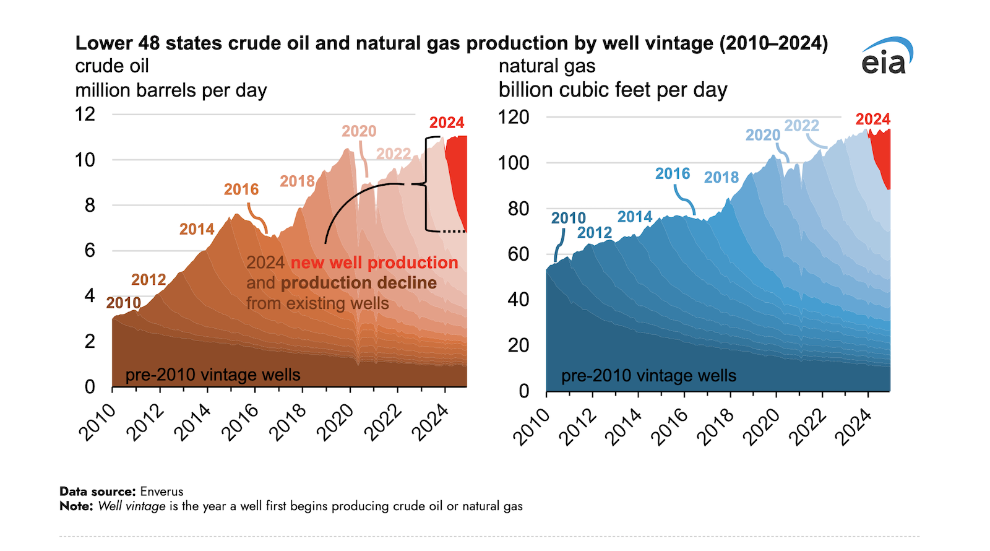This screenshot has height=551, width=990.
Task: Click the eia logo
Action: (886, 57)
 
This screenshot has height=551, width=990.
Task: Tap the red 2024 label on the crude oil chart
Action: (446, 123)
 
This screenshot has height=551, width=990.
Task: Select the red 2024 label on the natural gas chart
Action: (872, 119)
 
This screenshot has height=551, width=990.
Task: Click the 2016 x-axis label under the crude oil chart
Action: (240, 422)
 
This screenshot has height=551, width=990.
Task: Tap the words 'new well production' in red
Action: (374, 262)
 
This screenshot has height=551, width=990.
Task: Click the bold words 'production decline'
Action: (359, 283)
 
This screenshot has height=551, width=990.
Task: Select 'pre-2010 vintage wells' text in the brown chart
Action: (212, 375)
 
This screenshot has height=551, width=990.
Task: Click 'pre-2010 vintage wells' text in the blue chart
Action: (648, 376)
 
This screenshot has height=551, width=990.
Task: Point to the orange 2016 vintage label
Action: (241, 189)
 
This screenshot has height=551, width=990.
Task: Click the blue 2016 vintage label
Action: (672, 174)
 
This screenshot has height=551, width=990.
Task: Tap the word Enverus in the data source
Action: (161, 492)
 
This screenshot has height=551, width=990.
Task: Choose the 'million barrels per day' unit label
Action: (171, 90)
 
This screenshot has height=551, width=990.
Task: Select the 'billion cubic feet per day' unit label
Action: (613, 90)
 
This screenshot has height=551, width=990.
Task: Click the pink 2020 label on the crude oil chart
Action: (359, 131)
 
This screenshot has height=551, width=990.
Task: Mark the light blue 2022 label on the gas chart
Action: (801, 126)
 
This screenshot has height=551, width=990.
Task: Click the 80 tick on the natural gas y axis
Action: (518, 209)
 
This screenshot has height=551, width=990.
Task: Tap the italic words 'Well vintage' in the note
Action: (132, 506)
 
